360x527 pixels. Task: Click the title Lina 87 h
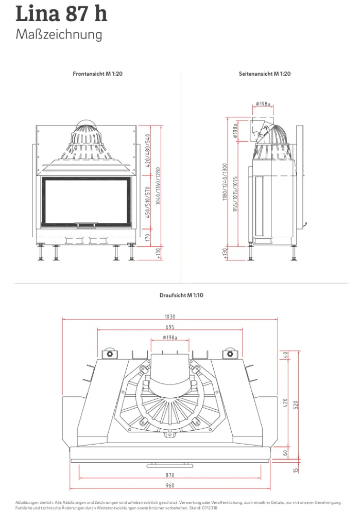click(x=61, y=14)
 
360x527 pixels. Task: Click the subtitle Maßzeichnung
click(x=59, y=34)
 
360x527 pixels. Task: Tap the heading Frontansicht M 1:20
click(x=97, y=74)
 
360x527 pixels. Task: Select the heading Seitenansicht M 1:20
click(x=265, y=74)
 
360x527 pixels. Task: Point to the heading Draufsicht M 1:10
click(x=181, y=295)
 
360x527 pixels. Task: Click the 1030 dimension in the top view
click(x=170, y=317)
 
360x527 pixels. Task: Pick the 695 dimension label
click(x=170, y=327)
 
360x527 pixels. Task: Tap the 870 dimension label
click(x=170, y=475)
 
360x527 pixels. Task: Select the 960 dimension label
click(x=170, y=485)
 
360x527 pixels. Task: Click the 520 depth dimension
click(x=296, y=405)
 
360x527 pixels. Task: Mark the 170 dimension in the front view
click(x=147, y=238)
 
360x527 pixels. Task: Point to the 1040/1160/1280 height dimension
click(x=158, y=186)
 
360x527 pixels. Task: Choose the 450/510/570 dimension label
click(x=147, y=202)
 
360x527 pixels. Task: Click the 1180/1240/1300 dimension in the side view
click(x=225, y=182)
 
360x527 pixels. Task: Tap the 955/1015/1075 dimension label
click(x=235, y=194)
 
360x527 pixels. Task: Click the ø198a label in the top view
click(x=170, y=337)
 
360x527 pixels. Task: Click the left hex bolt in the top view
click(x=110, y=354)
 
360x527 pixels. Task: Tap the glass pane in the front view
click(x=86, y=201)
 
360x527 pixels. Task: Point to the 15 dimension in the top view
click(x=296, y=470)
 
